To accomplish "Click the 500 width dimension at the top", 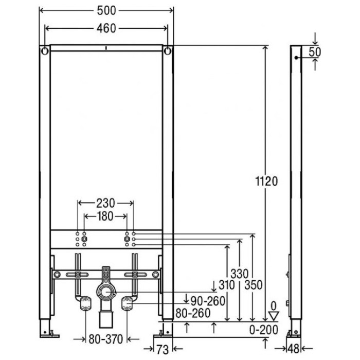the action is click(106, 11).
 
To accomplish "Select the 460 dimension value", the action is click(106, 28).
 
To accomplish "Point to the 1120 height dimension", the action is click(266, 181).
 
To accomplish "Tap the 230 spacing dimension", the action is click(105, 203).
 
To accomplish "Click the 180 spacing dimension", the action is click(105, 217).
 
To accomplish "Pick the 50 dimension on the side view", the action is click(315, 52).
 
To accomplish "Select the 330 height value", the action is click(240, 274).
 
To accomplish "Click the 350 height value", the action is click(253, 285).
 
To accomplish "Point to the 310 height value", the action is click(227, 285).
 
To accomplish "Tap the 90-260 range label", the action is click(208, 301).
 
